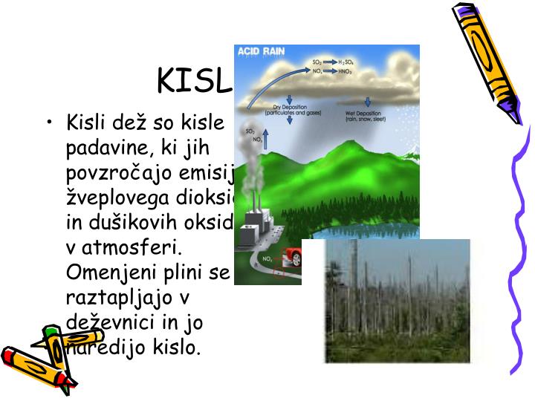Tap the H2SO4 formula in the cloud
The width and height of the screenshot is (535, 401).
(x=346, y=63)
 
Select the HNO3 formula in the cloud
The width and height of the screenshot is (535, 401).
(x=345, y=71)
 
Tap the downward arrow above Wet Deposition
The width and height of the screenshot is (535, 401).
(x=370, y=102)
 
